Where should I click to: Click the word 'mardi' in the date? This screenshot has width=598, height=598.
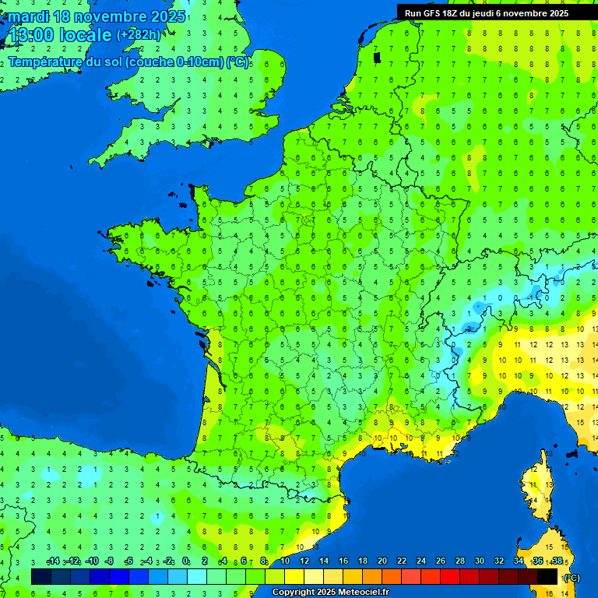pos(28,16)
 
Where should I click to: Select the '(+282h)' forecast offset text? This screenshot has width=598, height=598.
pos(139,35)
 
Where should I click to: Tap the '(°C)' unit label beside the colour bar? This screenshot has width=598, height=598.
pos(571,578)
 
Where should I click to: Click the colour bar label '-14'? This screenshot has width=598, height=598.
pos(53,561)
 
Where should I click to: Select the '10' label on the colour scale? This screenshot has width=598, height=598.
pos(285,561)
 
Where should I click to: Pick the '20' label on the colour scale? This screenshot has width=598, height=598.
pos(382,561)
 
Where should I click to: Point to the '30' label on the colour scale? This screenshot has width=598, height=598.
pos(480,561)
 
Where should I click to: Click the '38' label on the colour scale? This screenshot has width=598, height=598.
pos(557,561)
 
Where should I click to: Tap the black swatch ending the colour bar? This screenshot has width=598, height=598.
pos(547,577)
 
